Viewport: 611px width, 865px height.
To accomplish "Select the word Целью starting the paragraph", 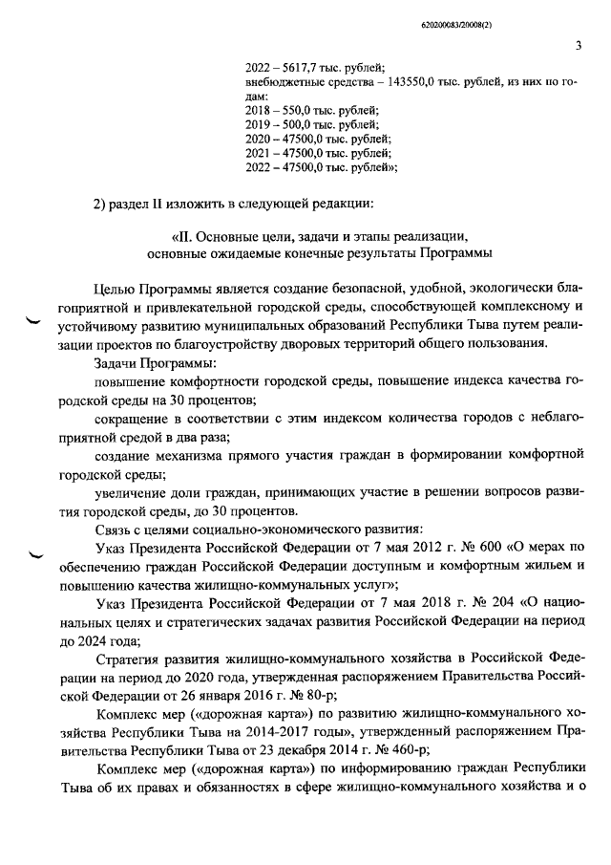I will pos(116,290).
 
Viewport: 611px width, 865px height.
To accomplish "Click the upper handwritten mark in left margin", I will pos(34,324).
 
